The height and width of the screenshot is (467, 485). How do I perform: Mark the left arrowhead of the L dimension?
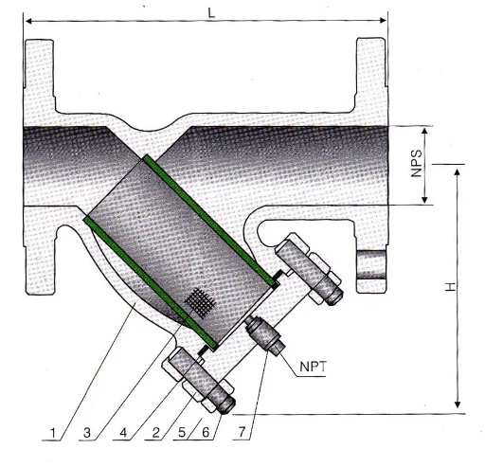[28, 20]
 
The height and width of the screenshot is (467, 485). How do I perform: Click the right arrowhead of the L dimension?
[383, 20]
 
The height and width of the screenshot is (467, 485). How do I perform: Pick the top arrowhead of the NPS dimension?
[426, 129]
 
